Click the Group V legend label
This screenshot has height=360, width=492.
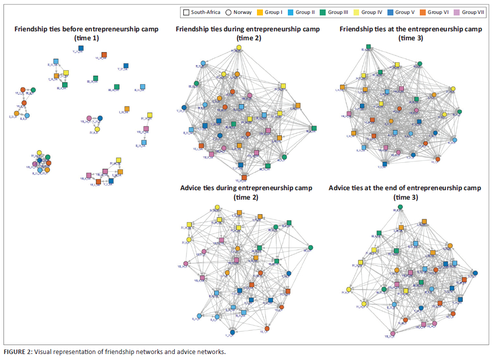pos(406,12)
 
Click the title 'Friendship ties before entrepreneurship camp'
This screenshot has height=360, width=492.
pos(87,29)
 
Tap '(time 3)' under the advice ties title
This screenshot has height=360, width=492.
pos(404,197)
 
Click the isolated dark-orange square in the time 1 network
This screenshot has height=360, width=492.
pos(104,55)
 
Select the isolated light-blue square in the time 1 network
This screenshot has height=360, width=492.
pos(142,87)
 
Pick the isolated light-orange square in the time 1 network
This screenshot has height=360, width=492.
pos(127,109)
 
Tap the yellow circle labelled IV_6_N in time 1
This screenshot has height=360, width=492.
pos(97,129)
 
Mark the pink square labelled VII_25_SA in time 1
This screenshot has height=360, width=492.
pos(146,129)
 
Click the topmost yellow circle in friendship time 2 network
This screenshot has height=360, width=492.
pos(239,47)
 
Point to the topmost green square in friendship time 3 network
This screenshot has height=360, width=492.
pos(369,47)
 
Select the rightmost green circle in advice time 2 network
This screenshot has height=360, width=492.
pos(310,247)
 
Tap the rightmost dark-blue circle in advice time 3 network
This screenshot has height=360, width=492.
pos(475,273)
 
